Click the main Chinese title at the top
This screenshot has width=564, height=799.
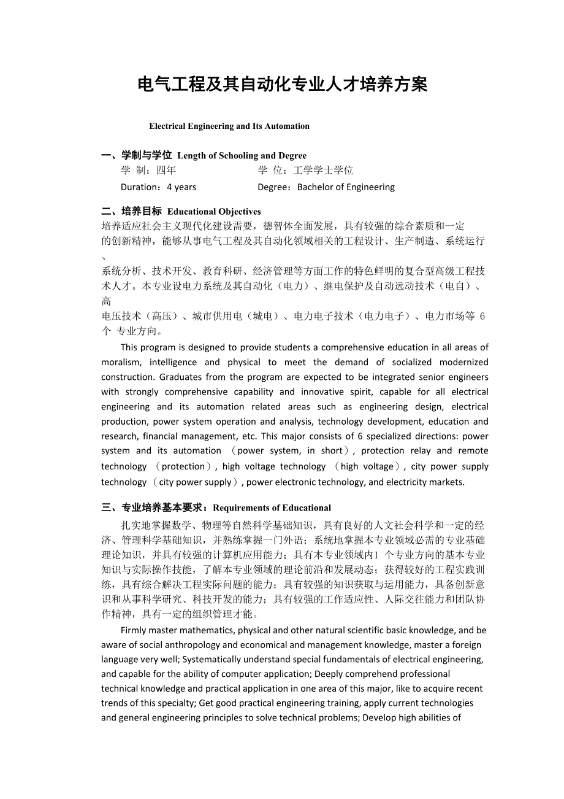[283, 84]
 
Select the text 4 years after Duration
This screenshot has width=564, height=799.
[181, 187]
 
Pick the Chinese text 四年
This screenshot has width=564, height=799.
[166, 171]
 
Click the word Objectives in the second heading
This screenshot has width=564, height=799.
[237, 212]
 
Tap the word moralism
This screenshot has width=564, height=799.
[121, 362]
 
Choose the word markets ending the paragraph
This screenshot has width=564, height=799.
[447, 482]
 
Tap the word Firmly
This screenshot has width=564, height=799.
[134, 630]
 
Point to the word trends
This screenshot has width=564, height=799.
[115, 703]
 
